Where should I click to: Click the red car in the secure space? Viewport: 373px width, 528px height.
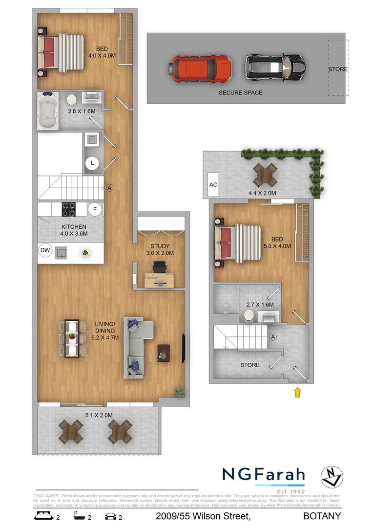click(201, 68)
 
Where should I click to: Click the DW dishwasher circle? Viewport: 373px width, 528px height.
click(45, 251)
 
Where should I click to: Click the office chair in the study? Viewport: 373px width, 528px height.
click(159, 267)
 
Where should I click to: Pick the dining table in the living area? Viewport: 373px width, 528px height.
click(72, 338)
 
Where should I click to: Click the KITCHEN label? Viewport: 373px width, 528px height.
click(74, 227)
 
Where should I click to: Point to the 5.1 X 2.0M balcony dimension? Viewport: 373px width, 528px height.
click(99, 416)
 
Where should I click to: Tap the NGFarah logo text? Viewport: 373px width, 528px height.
click(263, 474)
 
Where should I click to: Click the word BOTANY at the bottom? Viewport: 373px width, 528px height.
click(322, 516)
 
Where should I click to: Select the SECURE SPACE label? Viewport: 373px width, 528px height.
click(240, 93)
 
